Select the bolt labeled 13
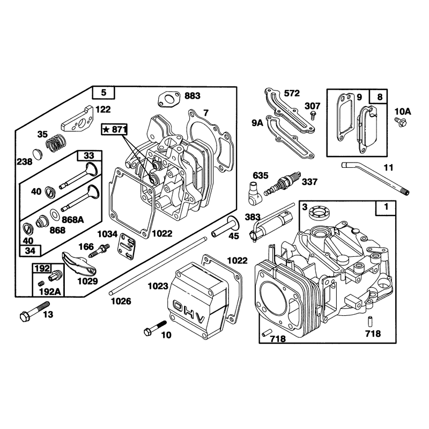[34, 312]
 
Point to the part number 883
[193, 96]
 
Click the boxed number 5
[103, 92]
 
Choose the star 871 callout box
[115, 129]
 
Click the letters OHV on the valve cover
[189, 312]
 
